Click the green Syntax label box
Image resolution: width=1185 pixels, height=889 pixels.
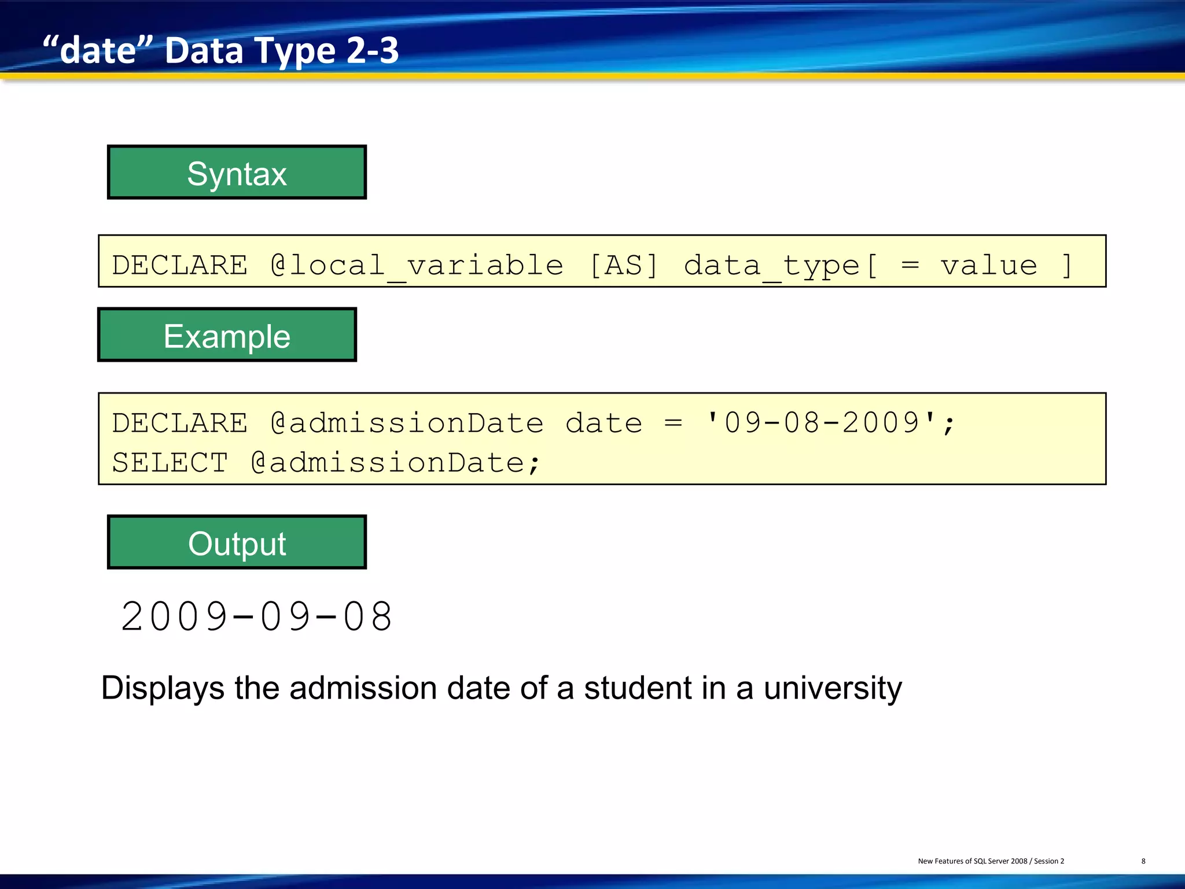237,172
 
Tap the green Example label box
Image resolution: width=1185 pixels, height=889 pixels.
227,335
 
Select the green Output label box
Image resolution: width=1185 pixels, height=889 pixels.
237,542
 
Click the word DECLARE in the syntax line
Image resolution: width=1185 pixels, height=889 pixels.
180,265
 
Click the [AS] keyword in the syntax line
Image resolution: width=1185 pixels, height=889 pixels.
623,265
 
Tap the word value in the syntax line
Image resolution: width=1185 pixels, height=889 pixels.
988,265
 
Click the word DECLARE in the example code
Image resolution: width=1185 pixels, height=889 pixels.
180,423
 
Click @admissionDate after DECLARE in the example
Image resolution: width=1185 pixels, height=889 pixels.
407,423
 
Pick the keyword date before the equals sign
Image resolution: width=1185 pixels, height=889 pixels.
603,423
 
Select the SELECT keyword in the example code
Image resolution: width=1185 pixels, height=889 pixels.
170,462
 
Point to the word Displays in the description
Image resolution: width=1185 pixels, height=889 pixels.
163,689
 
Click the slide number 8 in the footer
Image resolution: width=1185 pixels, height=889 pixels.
1143,861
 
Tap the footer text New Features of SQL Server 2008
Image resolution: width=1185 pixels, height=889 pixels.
972,861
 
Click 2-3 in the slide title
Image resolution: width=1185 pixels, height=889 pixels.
373,50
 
